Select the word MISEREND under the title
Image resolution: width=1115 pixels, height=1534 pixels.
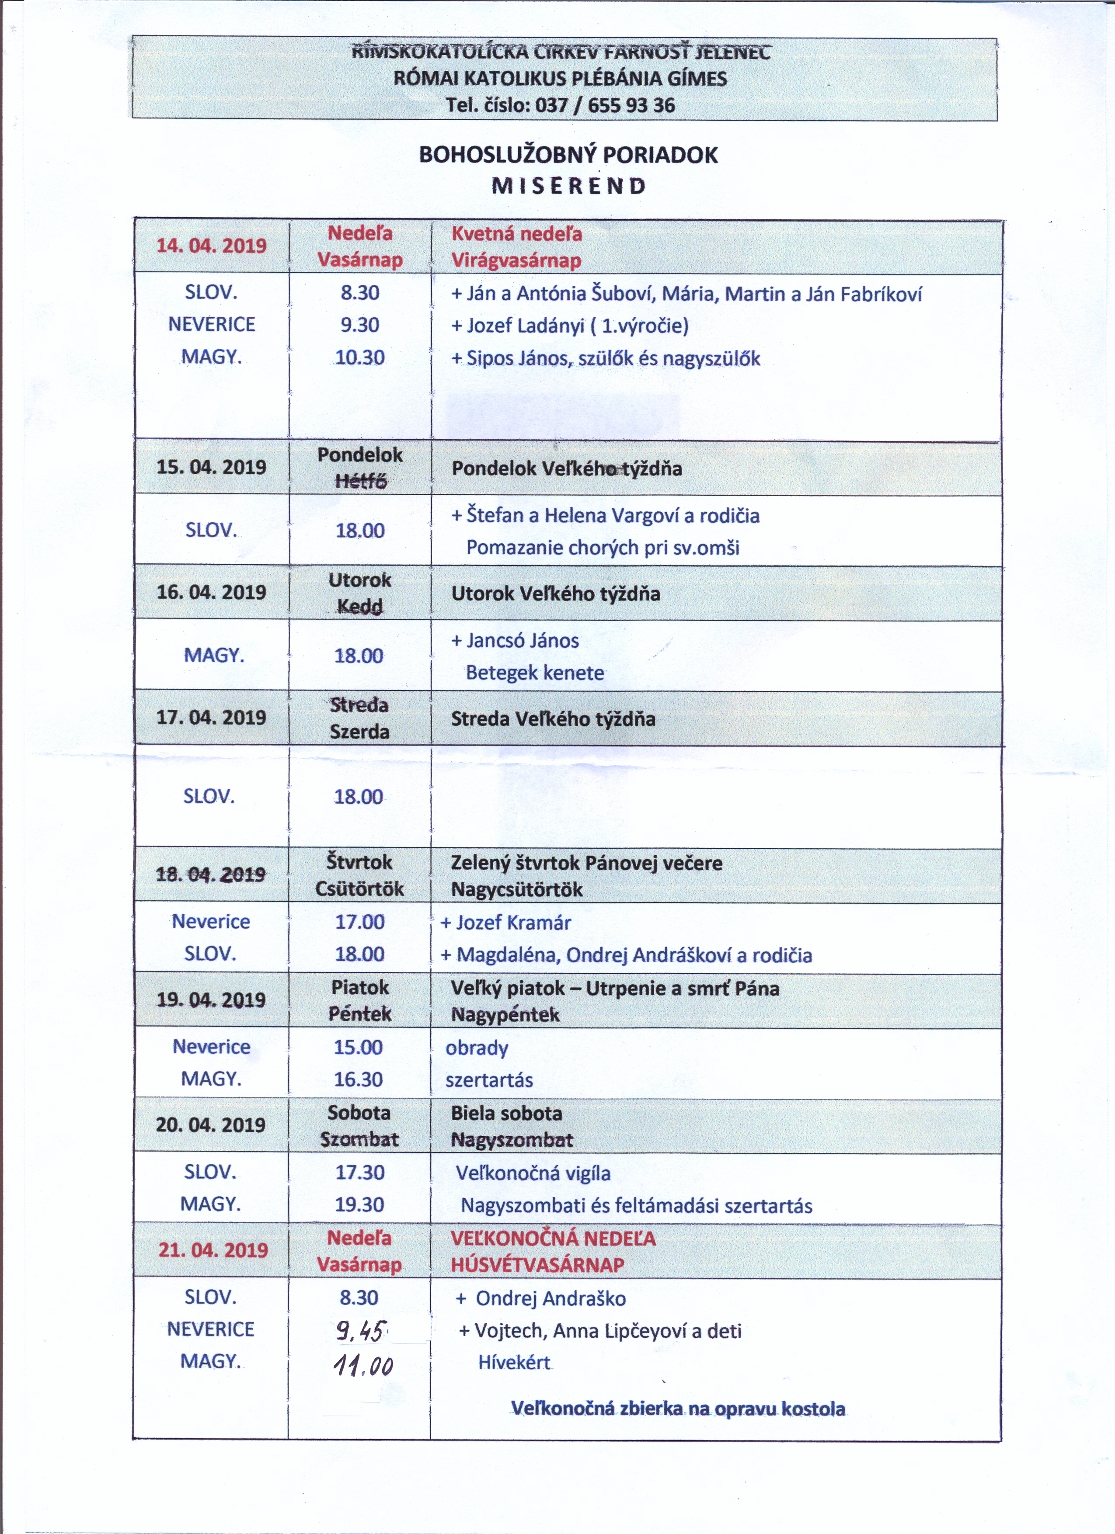coord(568,186)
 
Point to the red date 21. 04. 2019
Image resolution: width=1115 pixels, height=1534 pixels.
coord(213,1249)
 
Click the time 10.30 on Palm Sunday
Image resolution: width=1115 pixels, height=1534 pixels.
coord(360,357)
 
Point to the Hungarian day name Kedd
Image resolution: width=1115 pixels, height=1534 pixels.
coord(359,606)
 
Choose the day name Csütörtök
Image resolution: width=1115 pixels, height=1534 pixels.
coord(359,889)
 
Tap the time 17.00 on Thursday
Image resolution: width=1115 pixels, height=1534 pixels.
coord(360,921)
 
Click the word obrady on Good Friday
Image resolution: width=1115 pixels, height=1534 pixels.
coord(476,1048)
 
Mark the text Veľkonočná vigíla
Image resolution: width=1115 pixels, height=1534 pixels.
coord(533,1173)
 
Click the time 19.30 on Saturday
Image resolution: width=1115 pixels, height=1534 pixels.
coord(360,1204)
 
